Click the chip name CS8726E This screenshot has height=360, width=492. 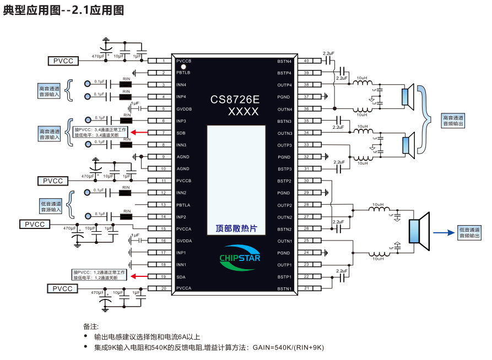click(x=235, y=100)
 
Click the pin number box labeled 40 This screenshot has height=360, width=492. click(x=306, y=61)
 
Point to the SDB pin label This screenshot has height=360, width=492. click(x=181, y=133)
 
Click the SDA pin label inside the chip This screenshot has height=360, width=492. click(x=181, y=277)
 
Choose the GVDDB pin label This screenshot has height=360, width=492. click(x=184, y=108)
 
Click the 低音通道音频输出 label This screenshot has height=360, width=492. click(x=469, y=232)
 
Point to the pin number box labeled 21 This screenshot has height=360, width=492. click(x=306, y=288)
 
